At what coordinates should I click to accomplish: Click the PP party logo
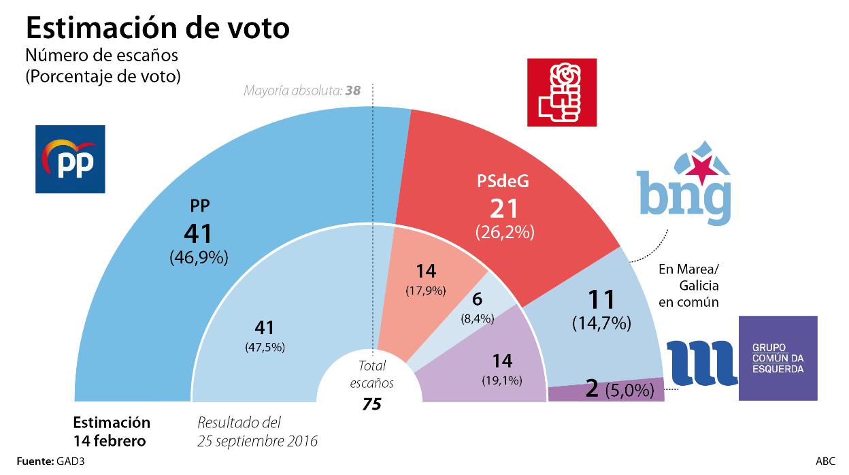[x=70, y=159]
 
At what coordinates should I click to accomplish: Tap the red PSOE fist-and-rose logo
[x=562, y=92]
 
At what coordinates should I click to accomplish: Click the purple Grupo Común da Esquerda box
[x=778, y=358]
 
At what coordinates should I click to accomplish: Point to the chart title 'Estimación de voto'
[x=158, y=28]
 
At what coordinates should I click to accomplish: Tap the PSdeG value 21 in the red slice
[x=505, y=208]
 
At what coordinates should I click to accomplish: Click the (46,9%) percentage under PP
[x=198, y=258]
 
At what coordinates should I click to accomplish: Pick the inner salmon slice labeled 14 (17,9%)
[x=426, y=279]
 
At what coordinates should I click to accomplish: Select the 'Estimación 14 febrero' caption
[x=111, y=431]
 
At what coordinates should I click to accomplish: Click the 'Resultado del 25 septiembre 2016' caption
[x=257, y=431]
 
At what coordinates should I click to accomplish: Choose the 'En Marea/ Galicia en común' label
[x=688, y=286]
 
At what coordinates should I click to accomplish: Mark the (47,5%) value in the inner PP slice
[x=265, y=347]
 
